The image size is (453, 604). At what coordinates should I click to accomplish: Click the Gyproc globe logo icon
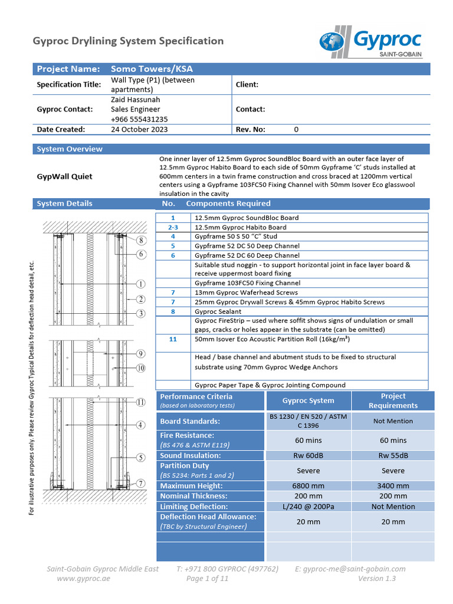[333, 42]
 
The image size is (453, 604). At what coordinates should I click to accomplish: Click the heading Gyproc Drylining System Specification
[128, 41]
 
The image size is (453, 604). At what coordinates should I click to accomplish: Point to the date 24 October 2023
[139, 129]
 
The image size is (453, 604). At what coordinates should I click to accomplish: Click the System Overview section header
[70, 149]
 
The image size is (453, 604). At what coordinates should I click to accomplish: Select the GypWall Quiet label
[64, 176]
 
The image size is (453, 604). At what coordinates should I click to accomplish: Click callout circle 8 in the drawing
[141, 241]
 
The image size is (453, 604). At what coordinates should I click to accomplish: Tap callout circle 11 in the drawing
[141, 402]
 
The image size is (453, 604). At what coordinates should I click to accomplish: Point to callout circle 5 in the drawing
[141, 457]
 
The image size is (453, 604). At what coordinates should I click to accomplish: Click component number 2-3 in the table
[173, 227]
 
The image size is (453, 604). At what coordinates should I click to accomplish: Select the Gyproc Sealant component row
[218, 311]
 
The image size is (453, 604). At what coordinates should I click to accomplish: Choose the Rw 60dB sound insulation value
[308, 455]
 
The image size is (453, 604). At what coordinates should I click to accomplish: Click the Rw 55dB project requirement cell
[393, 455]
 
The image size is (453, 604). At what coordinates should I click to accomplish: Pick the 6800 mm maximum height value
[308, 486]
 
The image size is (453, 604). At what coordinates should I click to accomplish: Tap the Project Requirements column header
[393, 401]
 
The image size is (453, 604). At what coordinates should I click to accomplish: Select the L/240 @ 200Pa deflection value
[308, 506]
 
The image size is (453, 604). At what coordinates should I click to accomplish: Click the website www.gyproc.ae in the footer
[83, 579]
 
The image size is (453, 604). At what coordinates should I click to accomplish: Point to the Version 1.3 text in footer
[377, 579]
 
